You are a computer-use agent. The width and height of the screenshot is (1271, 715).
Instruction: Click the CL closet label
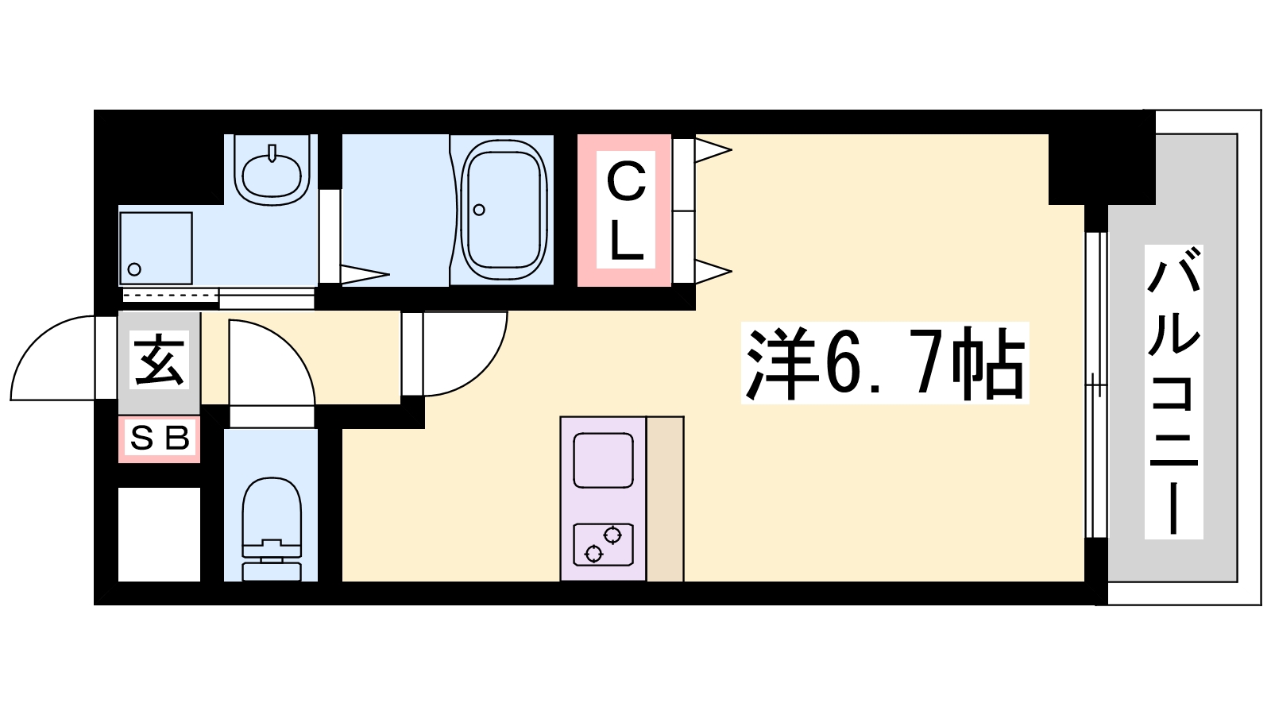pyautogui.click(x=626, y=211)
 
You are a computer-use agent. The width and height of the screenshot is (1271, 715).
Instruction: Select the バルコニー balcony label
pyautogui.click(x=1173, y=392)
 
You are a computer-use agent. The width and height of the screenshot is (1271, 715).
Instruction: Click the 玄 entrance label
pyautogui.click(x=159, y=360)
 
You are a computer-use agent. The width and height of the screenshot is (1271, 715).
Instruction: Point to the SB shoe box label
pyautogui.click(x=160, y=438)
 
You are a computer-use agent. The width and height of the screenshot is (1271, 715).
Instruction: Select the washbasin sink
pyautogui.click(x=272, y=170)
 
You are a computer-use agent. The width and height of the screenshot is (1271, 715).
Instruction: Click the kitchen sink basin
pyautogui.click(x=603, y=460)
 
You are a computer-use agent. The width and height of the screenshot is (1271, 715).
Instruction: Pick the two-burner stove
pyautogui.click(x=603, y=544)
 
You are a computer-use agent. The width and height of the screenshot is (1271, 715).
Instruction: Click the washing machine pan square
pyautogui.click(x=156, y=249)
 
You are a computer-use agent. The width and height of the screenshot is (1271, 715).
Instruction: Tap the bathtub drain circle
pyautogui.click(x=479, y=210)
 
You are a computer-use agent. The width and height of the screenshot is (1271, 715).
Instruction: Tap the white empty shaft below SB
pyautogui.click(x=159, y=534)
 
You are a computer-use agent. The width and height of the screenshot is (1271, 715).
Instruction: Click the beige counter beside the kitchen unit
pyautogui.click(x=665, y=499)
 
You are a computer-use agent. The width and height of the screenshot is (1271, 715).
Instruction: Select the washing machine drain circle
pyautogui.click(x=134, y=269)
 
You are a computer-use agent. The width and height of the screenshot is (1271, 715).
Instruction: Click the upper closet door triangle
pyautogui.click(x=713, y=150)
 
